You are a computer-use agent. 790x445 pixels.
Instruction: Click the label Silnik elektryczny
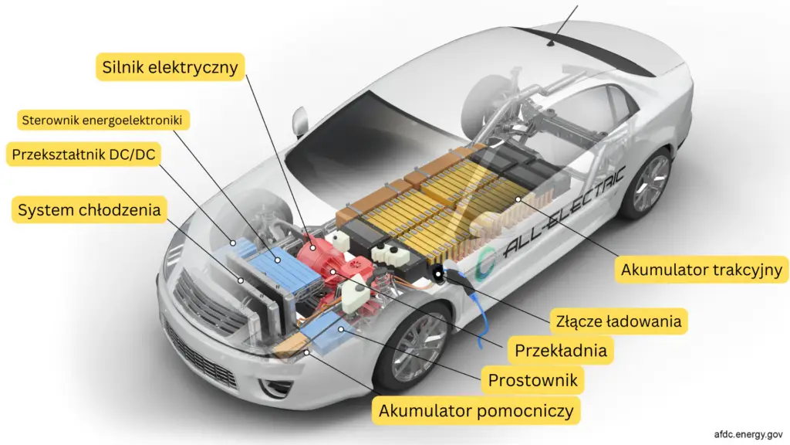pyautogui.click(x=172, y=66)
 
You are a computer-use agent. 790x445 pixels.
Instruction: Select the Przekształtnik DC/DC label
pyautogui.click(x=83, y=155)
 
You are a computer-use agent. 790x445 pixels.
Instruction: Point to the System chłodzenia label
pyautogui.click(x=89, y=209)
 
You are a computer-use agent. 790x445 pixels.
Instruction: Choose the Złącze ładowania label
pyautogui.click(x=618, y=320)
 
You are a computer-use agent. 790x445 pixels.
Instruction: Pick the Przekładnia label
pyautogui.click(x=561, y=350)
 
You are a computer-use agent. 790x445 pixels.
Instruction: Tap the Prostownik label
pyautogui.click(x=532, y=379)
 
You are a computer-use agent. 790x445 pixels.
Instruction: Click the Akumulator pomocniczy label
pyautogui.click(x=476, y=410)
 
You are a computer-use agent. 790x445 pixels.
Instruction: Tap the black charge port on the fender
pyautogui.click(x=441, y=274)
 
